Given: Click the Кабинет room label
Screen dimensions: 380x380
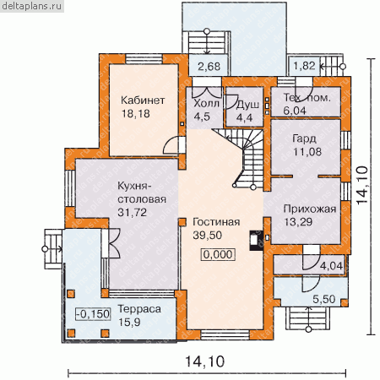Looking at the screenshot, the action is (x=143, y=100).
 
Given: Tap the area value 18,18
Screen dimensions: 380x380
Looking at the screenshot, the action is (x=136, y=114).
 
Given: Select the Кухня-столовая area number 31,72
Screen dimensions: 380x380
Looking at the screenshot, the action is (x=132, y=212).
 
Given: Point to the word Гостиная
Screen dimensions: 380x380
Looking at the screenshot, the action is (x=216, y=222).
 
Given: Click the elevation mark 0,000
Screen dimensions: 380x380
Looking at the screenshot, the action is (x=218, y=254).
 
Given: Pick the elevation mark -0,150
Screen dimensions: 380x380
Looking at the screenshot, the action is (x=93, y=314).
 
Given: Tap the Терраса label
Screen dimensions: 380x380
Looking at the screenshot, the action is (x=139, y=309).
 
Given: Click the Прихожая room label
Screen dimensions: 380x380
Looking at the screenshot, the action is (x=310, y=209).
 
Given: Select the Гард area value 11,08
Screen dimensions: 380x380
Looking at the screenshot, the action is (x=307, y=152).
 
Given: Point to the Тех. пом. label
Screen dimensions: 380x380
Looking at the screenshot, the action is (x=307, y=97).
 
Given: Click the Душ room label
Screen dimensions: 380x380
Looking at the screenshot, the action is (x=247, y=105).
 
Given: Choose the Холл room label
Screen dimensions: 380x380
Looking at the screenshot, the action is (x=207, y=103).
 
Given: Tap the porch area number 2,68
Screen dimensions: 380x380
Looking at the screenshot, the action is (x=209, y=67).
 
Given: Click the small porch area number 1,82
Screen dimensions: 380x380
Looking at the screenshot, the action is (x=304, y=66).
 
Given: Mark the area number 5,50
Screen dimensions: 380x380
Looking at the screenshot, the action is (x=324, y=299).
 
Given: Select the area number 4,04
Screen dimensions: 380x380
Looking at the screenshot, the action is (x=332, y=266).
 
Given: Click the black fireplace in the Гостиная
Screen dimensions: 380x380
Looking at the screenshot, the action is (x=257, y=241).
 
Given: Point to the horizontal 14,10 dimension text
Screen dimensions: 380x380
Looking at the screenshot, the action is (x=205, y=361).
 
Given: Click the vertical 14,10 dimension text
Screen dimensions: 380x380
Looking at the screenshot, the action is (x=362, y=185).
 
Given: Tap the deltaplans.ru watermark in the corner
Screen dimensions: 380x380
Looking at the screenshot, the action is (x=31, y=6).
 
